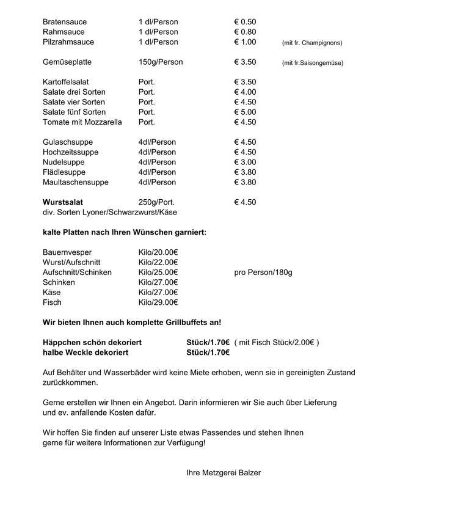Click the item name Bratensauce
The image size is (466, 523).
[64, 22]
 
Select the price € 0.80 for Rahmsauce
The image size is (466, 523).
[245, 32]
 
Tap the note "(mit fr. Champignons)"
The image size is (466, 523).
[311, 43]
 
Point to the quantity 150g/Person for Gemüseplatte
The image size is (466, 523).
[160, 62]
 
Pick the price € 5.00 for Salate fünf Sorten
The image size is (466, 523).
[245, 112]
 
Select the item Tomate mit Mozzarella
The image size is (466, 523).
[82, 122]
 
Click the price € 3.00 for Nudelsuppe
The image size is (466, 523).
[245, 163]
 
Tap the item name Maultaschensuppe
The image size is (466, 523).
[75, 182]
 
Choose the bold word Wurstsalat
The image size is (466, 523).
[63, 202]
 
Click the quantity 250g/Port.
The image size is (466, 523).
[156, 202]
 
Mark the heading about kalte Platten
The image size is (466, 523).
[125, 233]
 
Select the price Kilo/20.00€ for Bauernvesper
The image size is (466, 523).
[158, 252]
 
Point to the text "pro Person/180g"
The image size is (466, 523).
[263, 272]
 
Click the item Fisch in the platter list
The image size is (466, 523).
[52, 302]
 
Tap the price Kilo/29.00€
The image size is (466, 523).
[158, 302]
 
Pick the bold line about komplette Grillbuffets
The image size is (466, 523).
[132, 323]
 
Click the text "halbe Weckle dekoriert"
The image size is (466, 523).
[85, 353]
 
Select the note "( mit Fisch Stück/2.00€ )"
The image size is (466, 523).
[277, 343]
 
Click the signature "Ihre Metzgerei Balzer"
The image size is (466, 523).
[224, 473]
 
